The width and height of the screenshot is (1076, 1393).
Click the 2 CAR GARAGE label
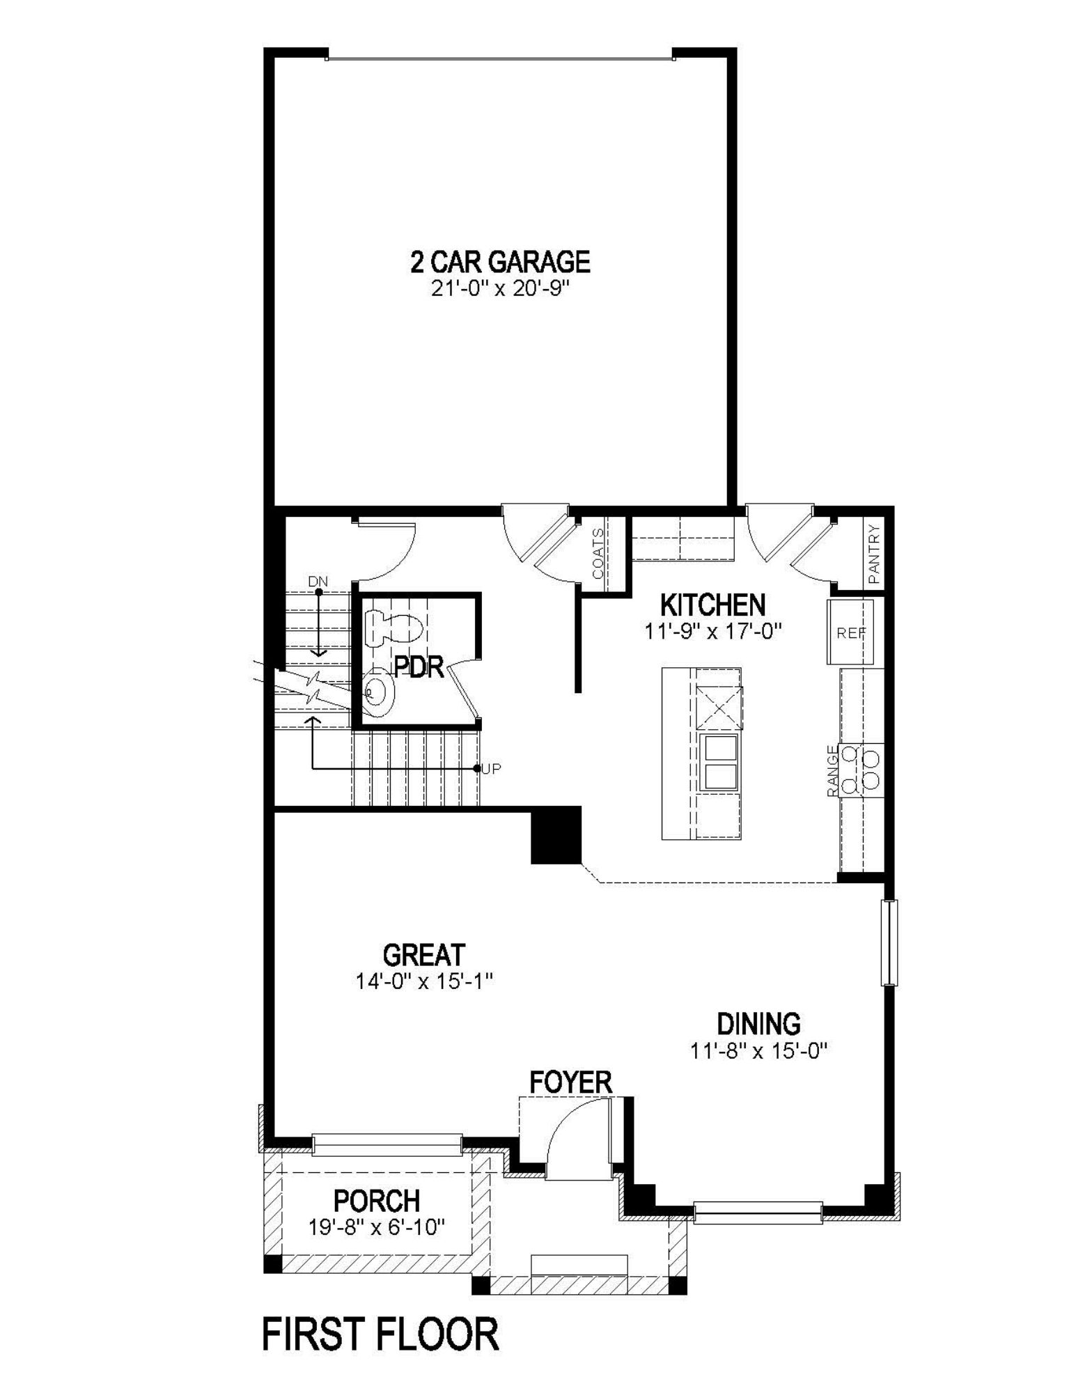[x=500, y=262]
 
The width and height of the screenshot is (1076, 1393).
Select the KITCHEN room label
[x=712, y=605]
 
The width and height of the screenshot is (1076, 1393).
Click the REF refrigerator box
[x=850, y=632]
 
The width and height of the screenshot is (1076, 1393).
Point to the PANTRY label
[x=875, y=554]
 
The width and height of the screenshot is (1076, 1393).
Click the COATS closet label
[x=598, y=554]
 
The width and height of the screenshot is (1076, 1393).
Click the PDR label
[x=419, y=667]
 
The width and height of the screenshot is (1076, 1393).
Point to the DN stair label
[x=318, y=581]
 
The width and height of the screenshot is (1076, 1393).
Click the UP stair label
[x=491, y=769]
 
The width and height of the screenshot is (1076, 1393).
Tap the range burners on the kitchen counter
[x=861, y=769]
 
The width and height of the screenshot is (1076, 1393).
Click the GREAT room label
[x=423, y=954]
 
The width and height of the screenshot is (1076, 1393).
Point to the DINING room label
[x=758, y=1024]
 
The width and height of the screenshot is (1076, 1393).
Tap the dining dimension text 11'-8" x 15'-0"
[x=758, y=1050]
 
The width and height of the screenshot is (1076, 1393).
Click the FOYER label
[x=570, y=1082]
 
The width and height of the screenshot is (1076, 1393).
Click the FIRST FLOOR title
[x=380, y=1335]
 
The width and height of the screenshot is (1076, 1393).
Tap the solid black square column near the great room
[x=556, y=835]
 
